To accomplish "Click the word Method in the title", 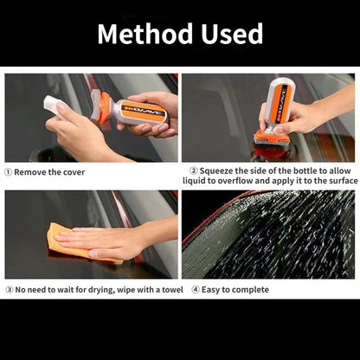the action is [145, 34].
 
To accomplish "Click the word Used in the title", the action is [232, 34].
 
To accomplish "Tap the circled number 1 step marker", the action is [8, 172].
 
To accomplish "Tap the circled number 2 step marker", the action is [194, 170].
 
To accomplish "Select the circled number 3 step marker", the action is [10, 290].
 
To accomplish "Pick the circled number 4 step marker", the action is [196, 290].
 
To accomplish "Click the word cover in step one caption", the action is [74, 172].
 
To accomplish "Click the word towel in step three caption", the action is [172, 290].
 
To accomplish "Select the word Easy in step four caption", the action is [210, 290].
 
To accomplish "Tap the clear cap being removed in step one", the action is [54, 106].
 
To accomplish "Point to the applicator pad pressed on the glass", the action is [272, 145].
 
